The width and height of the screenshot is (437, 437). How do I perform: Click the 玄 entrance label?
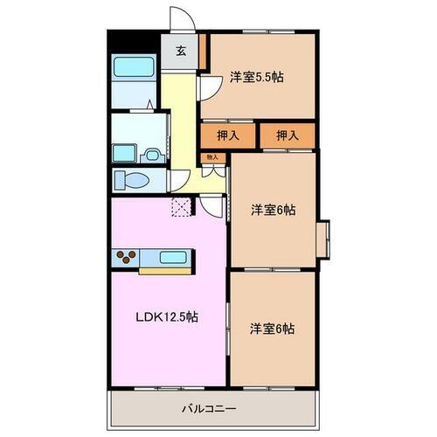pyautogui.click(x=180, y=51)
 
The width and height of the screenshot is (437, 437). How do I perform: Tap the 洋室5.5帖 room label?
pyautogui.click(x=257, y=77)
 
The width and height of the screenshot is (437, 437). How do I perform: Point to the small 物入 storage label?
pyautogui.click(x=212, y=158)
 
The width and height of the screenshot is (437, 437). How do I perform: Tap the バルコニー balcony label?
pyautogui.click(x=209, y=407)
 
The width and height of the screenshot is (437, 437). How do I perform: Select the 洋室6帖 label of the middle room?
pyautogui.click(x=273, y=210)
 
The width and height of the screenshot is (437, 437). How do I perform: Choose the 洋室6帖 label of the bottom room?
pyautogui.click(x=272, y=329)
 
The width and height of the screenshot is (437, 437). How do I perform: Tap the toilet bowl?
pyautogui.click(x=132, y=181)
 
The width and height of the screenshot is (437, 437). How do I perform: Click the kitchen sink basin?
pyautogui.click(x=171, y=258)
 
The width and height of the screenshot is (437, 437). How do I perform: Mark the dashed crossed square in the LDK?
pyautogui.click(x=182, y=206)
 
